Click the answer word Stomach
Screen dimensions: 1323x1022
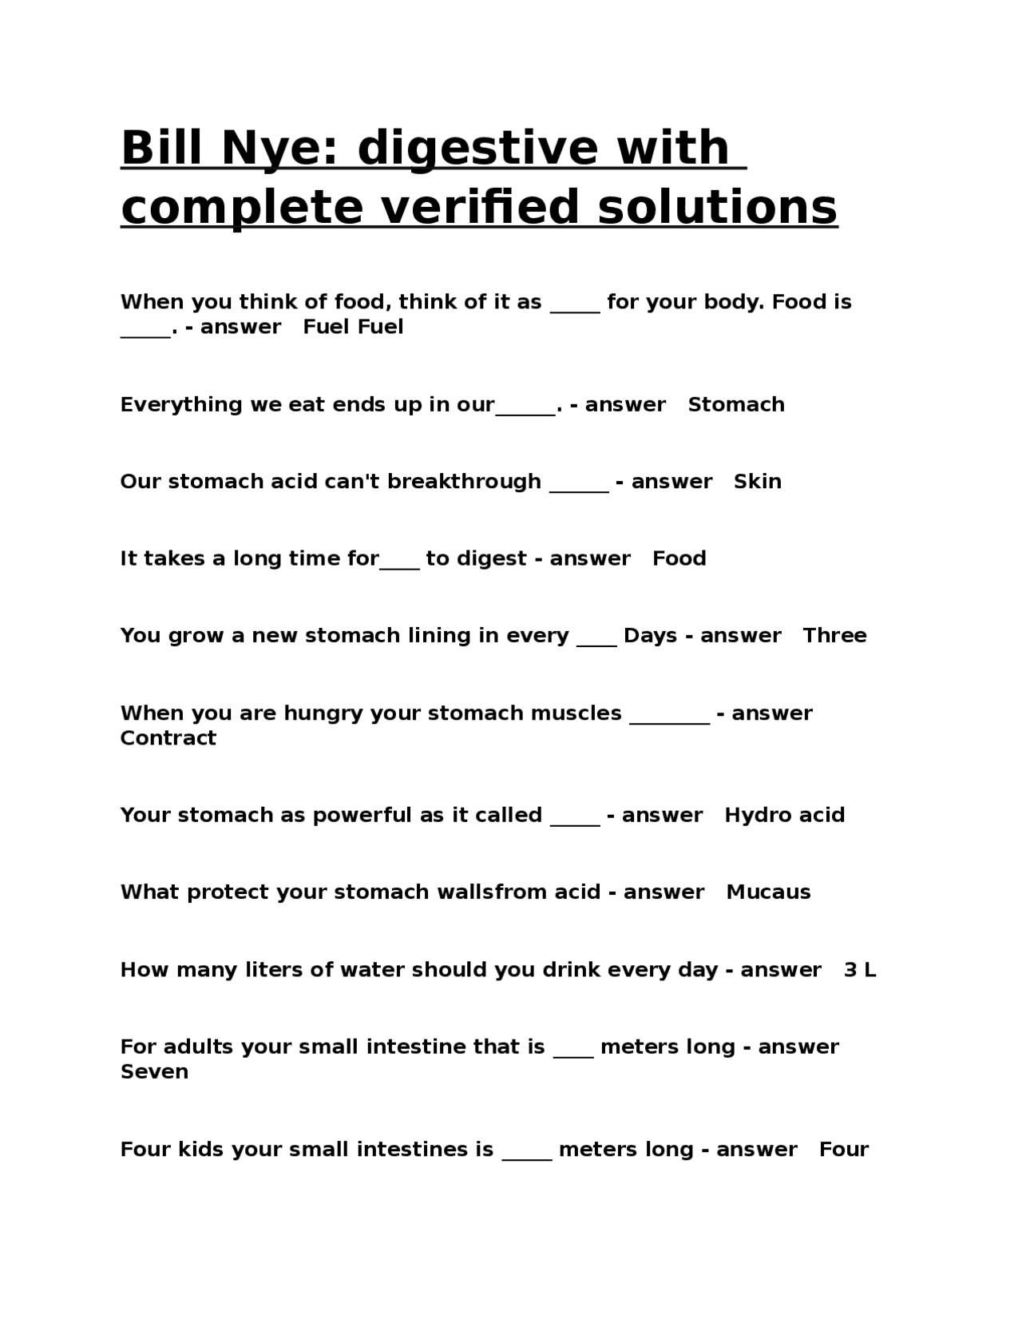tap(735, 404)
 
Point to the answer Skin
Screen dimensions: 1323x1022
tap(757, 481)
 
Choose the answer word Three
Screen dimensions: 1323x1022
tap(834, 635)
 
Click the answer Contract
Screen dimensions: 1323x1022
tap(168, 737)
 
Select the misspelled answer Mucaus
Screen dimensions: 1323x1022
tap(768, 892)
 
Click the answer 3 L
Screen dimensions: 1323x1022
tap(859, 970)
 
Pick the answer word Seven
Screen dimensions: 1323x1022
tap(154, 1071)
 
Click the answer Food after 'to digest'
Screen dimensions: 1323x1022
tap(679, 558)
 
